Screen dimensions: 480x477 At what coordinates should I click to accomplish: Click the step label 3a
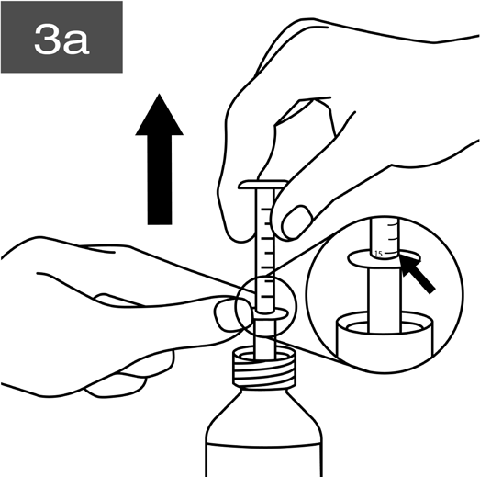click(x=61, y=39)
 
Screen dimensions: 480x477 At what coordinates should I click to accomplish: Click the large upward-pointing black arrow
click(x=159, y=159)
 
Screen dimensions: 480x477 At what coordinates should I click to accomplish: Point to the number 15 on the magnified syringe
click(x=378, y=254)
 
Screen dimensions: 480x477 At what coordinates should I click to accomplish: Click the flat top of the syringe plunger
click(x=263, y=185)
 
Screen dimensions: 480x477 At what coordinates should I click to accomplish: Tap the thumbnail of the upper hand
click(x=296, y=222)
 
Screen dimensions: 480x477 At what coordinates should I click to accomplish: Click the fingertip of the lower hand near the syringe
click(x=232, y=316)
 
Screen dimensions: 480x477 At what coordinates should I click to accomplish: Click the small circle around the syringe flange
click(x=266, y=277)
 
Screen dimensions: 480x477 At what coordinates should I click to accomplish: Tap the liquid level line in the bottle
click(x=264, y=445)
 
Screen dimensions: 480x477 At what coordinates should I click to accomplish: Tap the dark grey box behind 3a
click(x=61, y=37)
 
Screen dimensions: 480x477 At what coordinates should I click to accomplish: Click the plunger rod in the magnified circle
click(x=385, y=301)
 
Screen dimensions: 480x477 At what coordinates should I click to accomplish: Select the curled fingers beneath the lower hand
click(x=128, y=380)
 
